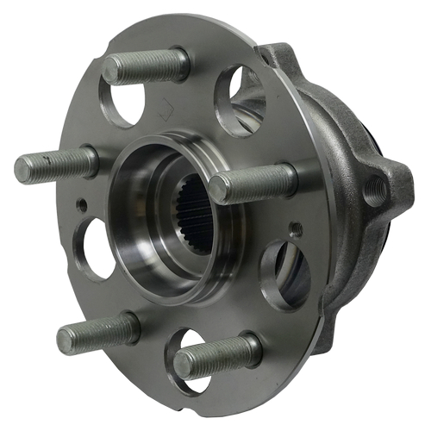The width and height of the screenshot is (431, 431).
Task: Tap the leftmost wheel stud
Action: (56, 164)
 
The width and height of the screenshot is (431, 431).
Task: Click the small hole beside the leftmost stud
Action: (82, 205)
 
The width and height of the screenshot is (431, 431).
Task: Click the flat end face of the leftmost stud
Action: (25, 170)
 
